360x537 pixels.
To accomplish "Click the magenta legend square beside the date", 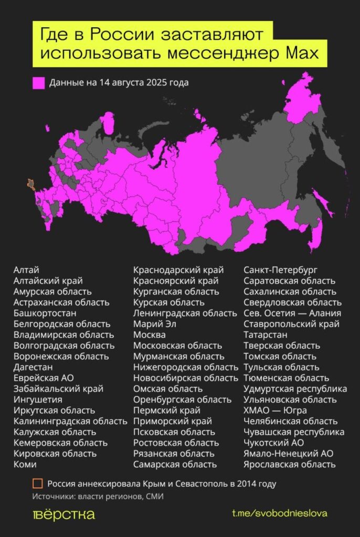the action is pyautogui.click(x=38, y=83).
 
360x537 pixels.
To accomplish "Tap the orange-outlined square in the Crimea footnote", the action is pyautogui.click(x=37, y=484).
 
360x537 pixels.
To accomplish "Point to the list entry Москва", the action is pyautogui.click(x=149, y=335).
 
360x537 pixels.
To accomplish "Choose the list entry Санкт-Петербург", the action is pyautogui.click(x=280, y=270).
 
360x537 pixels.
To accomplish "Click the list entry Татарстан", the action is pyautogui.click(x=265, y=335).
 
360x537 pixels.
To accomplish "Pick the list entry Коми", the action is pyautogui.click(x=25, y=464).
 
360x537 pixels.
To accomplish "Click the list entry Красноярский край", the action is pyautogui.click(x=176, y=281).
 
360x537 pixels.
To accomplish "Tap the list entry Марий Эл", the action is pyautogui.click(x=155, y=324).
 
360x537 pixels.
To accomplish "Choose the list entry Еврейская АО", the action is pyautogui.click(x=44, y=378).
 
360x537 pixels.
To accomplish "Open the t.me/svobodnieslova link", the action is pyautogui.click(x=279, y=513).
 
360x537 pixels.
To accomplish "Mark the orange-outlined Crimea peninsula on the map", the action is pyautogui.click(x=31, y=184).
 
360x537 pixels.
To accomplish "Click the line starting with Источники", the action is pyautogui.click(x=98, y=496).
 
